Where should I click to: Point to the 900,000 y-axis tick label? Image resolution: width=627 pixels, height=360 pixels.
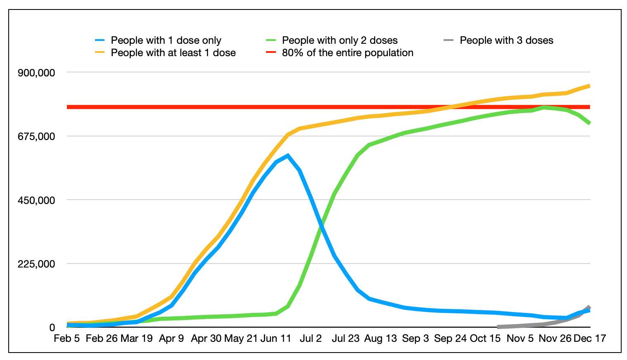[x=36, y=73]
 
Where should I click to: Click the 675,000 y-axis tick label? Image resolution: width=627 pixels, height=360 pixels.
[x=36, y=136]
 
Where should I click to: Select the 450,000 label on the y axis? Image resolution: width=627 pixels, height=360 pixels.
[x=36, y=200]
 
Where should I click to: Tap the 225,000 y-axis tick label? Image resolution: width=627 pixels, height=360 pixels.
[x=36, y=264]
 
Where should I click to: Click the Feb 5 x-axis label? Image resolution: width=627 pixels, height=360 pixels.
[x=67, y=339]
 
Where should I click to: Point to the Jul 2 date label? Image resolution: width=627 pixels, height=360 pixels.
[x=311, y=339]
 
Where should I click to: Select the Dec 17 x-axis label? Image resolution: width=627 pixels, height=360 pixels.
[x=590, y=339]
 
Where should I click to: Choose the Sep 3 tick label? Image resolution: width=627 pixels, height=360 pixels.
[x=415, y=339]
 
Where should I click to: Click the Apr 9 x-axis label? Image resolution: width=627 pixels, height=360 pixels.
[x=171, y=339]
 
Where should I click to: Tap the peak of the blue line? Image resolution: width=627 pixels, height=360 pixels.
[x=288, y=156]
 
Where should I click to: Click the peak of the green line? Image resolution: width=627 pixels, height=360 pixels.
[x=544, y=107]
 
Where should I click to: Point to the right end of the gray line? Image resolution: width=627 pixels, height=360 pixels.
[x=589, y=307]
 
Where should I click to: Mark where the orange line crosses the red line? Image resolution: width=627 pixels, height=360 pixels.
[x=454, y=107]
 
